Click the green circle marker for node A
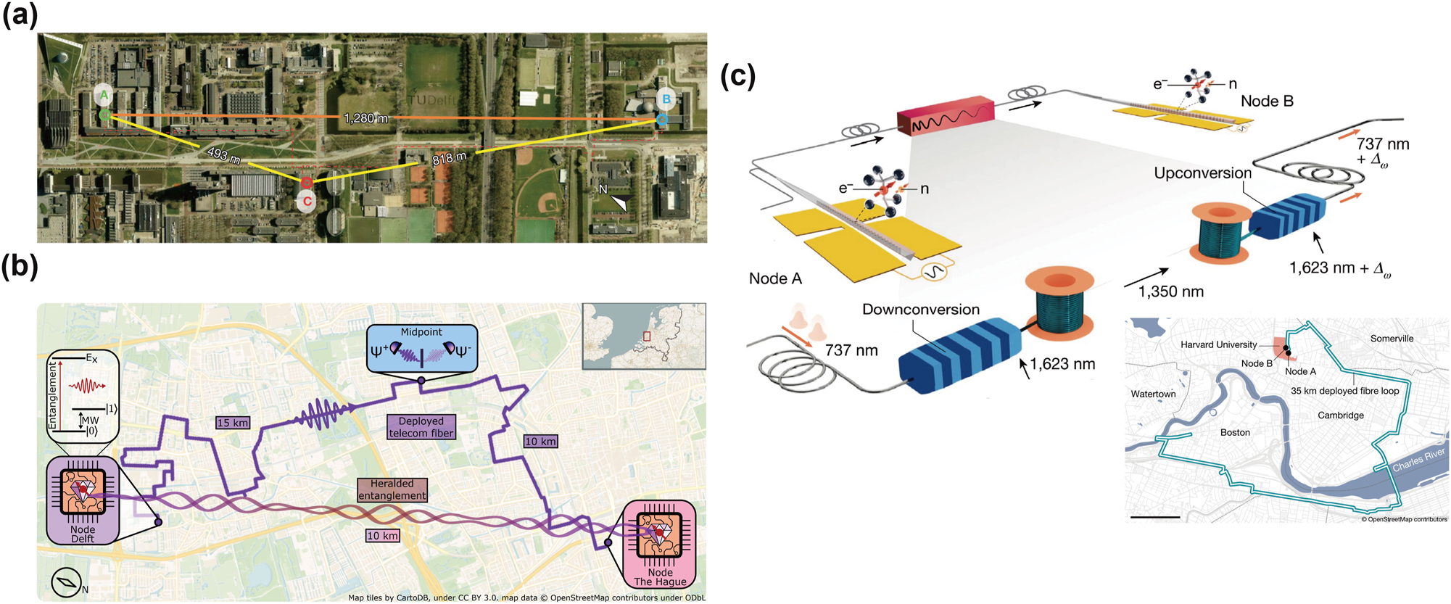105,115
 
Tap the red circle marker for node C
307,183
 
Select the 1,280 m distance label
365,118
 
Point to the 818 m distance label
450,158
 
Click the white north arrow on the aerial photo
619,203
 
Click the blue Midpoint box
421,348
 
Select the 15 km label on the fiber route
233,423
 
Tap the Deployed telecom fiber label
421,427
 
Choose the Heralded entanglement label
392,489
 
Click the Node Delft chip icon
83,492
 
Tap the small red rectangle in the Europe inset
647,336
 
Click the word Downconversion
920,310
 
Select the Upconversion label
1202,173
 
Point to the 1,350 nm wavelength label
1170,291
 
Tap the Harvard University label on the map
1218,344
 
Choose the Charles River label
1418,460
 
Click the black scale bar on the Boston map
1154,517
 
